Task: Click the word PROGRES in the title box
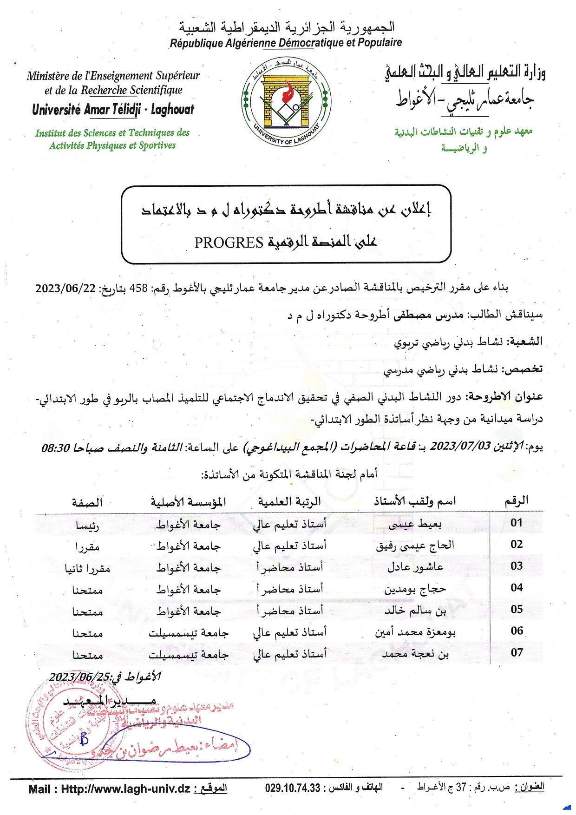tap(229, 242)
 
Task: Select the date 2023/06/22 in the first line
tap(65, 288)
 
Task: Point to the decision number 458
tap(138, 288)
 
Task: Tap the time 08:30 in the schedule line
tap(56, 447)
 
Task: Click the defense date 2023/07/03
tap(460, 446)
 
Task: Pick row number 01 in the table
tap(517, 523)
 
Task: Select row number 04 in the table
tap(517, 588)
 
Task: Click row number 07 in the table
tap(517, 653)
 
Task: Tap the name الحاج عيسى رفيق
tap(415, 546)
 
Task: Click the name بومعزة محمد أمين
tap(415, 632)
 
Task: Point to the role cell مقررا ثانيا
tap(87, 568)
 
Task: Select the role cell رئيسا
tap(87, 526)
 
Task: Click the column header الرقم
tap(517, 501)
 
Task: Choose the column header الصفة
tap(87, 502)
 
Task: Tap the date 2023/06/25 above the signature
tap(79, 677)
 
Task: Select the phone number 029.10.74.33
tap(293, 788)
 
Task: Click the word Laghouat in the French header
tap(173, 110)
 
